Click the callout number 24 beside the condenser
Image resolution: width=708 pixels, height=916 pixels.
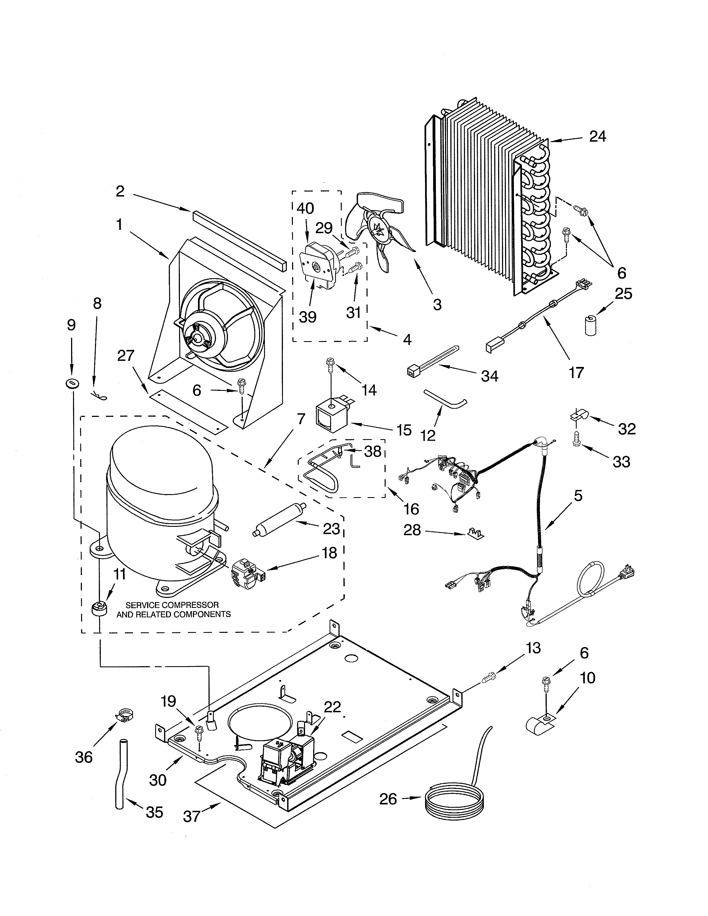(x=597, y=137)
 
